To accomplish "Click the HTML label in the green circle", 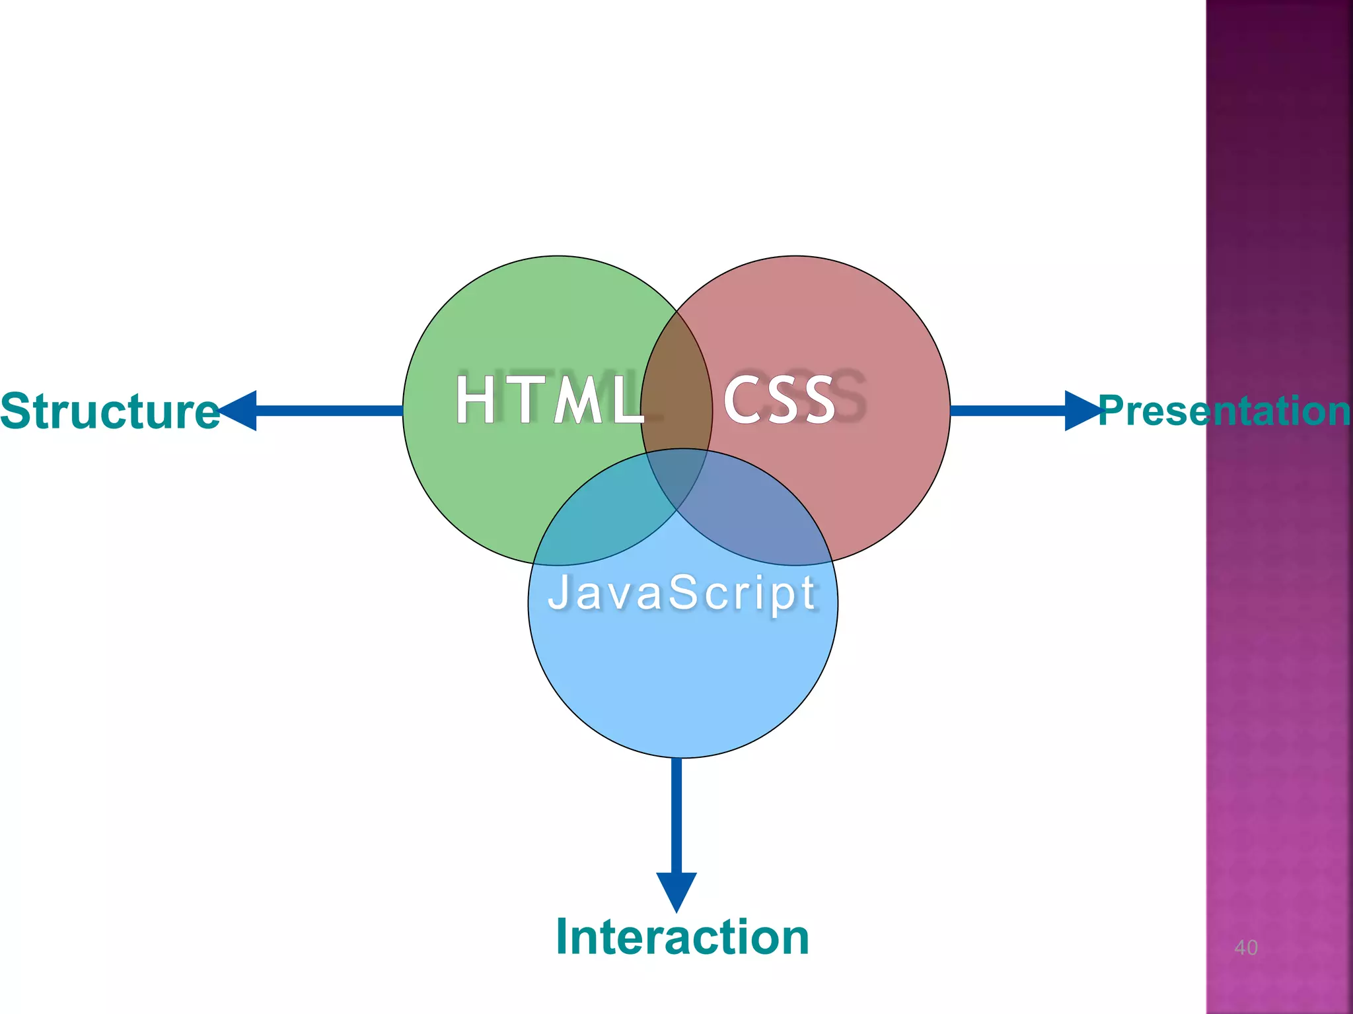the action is pyautogui.click(x=548, y=399).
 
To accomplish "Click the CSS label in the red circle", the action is pyautogui.click(x=780, y=399).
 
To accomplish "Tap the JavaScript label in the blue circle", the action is pyautogui.click(x=682, y=592).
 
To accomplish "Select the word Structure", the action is pyautogui.click(x=109, y=411).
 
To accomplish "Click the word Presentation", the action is pyautogui.click(x=1224, y=411).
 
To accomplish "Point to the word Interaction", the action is pyautogui.click(x=682, y=937).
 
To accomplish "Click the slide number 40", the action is pyautogui.click(x=1246, y=948).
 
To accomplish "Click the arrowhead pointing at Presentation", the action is pyautogui.click(x=1082, y=411).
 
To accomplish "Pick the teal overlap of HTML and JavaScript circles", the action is pyautogui.click(x=595, y=515).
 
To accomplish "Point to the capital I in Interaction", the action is pyautogui.click(x=564, y=937).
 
